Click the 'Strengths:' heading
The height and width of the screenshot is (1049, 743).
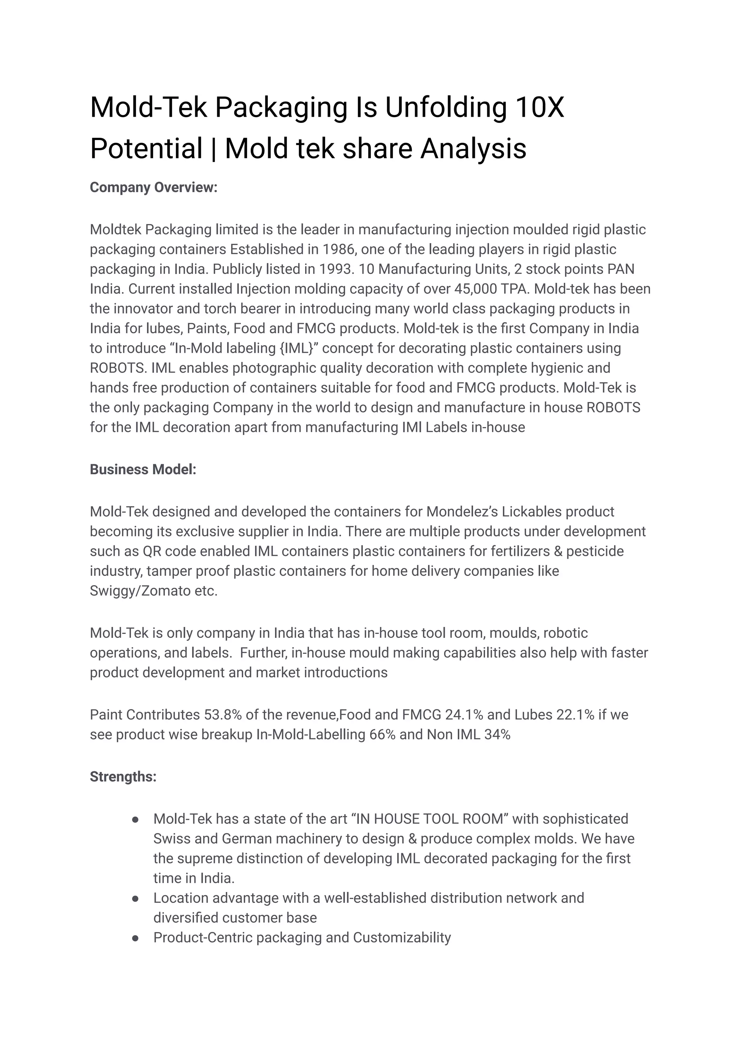click(123, 776)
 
